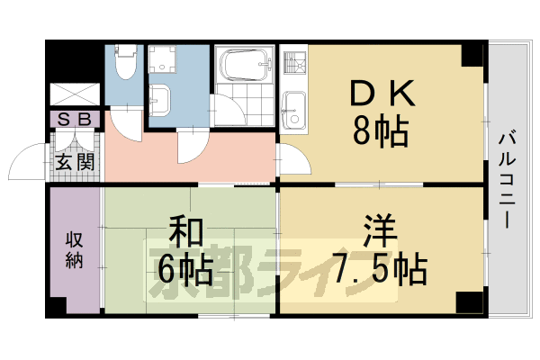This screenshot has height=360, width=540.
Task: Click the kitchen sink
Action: (x=294, y=109)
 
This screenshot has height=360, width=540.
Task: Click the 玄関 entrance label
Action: (x=75, y=163)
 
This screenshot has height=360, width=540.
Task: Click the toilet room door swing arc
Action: (x=126, y=126)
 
